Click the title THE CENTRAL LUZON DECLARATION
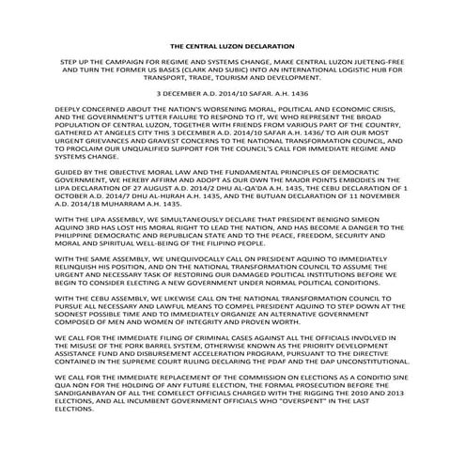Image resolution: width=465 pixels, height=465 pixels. [232, 45]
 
